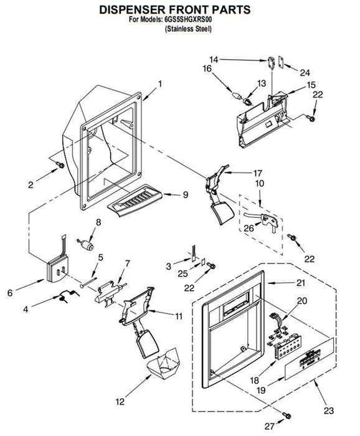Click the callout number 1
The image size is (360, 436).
160,83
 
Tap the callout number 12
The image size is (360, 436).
120,402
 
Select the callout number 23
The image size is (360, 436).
329,410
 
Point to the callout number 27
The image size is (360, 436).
269,426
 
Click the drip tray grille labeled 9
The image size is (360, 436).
135,200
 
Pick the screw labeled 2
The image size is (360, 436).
60,165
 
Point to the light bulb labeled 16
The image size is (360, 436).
236,96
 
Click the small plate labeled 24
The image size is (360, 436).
281,63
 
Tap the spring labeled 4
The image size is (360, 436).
67,296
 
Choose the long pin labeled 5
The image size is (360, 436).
88,282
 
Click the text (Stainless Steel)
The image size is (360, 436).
188,29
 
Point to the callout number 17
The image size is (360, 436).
257,173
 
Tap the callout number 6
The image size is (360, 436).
10,293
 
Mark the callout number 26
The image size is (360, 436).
249,228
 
